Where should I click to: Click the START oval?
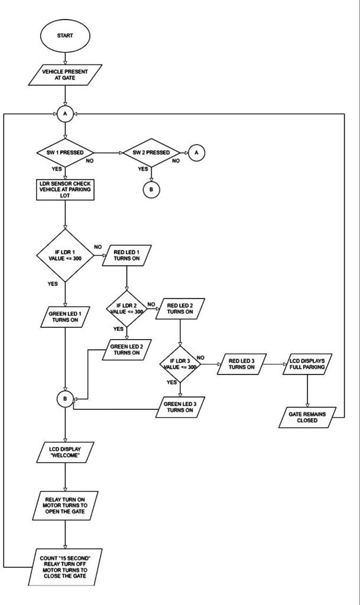[x=64, y=35]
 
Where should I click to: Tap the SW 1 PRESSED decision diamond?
[x=64, y=152]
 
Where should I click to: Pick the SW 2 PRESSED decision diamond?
[x=152, y=152]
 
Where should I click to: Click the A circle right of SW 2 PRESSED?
[x=197, y=152]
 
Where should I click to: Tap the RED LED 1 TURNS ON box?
[x=127, y=258]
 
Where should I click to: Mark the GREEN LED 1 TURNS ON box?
[x=64, y=317]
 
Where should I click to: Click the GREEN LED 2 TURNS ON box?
[x=127, y=349]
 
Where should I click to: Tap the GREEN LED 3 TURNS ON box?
[x=180, y=408]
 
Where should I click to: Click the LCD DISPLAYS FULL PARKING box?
[x=307, y=363]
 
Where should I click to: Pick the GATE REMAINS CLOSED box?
[x=307, y=417]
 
